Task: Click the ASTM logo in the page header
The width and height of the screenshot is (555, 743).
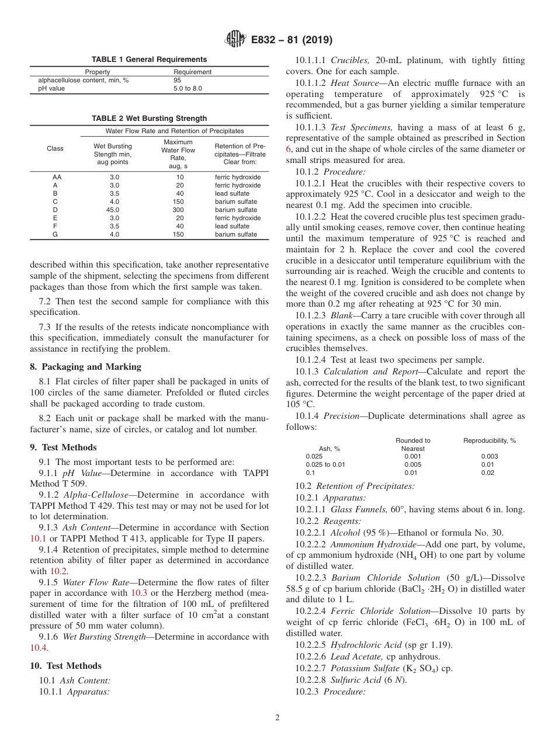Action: point(235,40)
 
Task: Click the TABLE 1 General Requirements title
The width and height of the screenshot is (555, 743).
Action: point(149,60)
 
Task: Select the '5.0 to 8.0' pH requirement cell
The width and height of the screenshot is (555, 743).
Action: point(188,89)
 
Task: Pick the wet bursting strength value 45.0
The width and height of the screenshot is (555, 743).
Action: point(113,210)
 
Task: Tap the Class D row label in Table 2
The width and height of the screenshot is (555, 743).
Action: point(55,210)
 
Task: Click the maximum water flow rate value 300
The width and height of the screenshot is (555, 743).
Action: point(178,210)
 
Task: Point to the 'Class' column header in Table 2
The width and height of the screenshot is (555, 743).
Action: point(55,148)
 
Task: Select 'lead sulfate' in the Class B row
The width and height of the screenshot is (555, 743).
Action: point(232,193)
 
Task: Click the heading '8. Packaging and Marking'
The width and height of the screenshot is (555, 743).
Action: point(85,367)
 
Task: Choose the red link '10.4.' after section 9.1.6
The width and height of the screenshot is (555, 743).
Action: point(39,647)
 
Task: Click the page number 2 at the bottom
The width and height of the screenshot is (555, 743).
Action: point(277,718)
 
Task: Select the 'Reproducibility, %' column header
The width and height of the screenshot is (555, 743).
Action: point(489,440)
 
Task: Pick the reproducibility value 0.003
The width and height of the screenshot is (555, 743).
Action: point(489,457)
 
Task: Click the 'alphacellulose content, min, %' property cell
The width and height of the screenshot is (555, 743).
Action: point(84,80)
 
